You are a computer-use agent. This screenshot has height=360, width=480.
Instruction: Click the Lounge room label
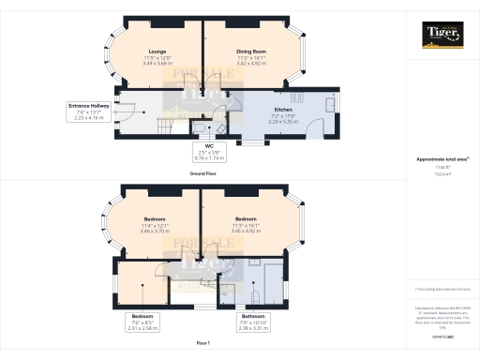(x=157, y=51)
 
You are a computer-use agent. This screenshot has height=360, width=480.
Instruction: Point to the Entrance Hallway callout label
(x=88, y=106)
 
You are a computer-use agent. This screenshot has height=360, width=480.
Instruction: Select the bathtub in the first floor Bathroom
(x=277, y=281)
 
